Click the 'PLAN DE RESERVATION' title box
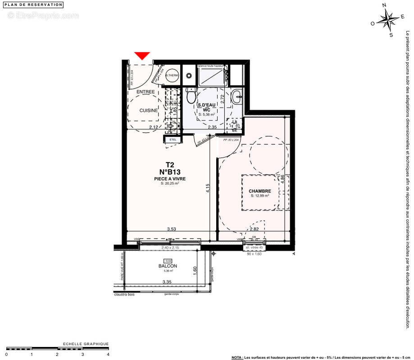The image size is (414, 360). [34, 4]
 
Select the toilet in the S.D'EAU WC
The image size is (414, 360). [192, 95]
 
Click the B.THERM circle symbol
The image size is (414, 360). [172, 76]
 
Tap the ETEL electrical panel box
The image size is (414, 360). [172, 139]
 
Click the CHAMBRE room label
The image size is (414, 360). [260, 191]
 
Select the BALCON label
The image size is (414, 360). [168, 266]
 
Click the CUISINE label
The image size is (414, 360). [149, 110]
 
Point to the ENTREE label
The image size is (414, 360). [146, 92]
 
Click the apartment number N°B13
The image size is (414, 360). [170, 171]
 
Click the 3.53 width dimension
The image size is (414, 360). [171, 229]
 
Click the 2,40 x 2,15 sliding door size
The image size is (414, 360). [171, 248]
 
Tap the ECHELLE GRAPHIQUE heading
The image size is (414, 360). [86, 344]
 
